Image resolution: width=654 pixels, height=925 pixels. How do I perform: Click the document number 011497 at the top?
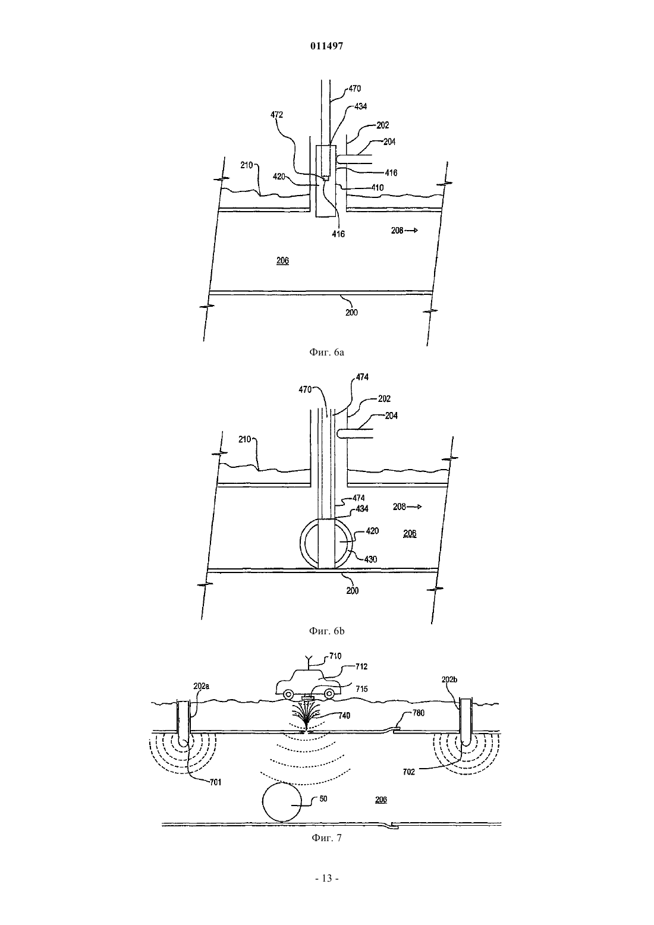[x=326, y=46]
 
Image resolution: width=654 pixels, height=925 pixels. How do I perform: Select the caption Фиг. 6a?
[x=326, y=353]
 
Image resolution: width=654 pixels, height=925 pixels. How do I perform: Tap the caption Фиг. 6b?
[x=326, y=631]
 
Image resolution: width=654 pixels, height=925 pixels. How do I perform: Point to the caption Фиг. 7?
[x=326, y=838]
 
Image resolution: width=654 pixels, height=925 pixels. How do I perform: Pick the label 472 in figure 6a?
[x=276, y=115]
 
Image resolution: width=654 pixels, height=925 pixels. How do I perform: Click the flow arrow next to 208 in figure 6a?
[x=411, y=231]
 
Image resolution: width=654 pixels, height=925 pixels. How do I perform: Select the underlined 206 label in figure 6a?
[x=282, y=260]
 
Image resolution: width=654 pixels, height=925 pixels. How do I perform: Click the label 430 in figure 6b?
[x=371, y=559]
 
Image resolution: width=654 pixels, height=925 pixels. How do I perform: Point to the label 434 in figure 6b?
[x=362, y=509]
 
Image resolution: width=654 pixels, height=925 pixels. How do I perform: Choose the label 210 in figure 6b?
[x=245, y=439]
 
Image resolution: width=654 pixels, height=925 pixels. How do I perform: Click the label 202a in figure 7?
[x=201, y=686]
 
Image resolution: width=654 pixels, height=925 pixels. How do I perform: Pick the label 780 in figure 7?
[x=418, y=713]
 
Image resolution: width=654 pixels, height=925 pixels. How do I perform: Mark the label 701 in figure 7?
[x=215, y=782]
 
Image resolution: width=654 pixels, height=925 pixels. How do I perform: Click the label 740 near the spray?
[x=344, y=716]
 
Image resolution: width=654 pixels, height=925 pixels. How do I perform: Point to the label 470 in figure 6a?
[x=354, y=89]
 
